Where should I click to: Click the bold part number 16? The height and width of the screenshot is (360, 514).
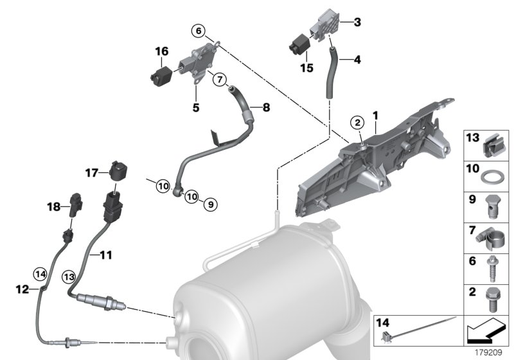click(x=161, y=51)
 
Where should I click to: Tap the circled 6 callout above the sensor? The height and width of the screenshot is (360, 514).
click(x=199, y=30)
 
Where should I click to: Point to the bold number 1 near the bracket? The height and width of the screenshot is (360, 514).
click(x=375, y=114)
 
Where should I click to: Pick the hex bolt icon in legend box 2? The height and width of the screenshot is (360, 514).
click(x=492, y=297)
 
